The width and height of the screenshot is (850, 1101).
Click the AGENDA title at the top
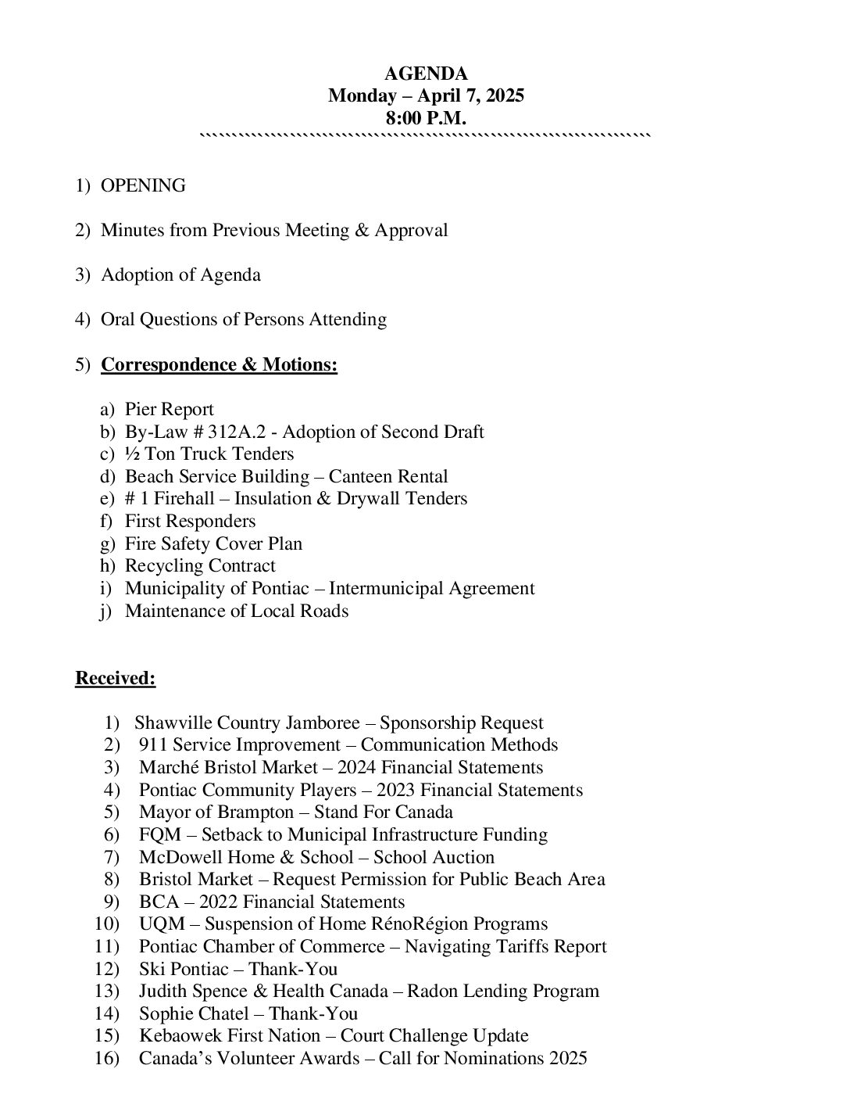point(426,74)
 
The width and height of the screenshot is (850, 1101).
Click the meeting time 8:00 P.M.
point(426,118)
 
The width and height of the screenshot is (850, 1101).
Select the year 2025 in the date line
point(504,96)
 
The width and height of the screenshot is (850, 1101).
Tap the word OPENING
point(143,186)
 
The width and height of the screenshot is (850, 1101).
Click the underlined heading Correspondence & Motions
point(219,365)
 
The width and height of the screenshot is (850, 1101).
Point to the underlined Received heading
point(115,679)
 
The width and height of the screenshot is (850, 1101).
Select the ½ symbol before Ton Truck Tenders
point(131,454)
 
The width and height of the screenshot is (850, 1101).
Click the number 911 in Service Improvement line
point(153,745)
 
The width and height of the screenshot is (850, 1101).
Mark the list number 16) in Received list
point(107,1059)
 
